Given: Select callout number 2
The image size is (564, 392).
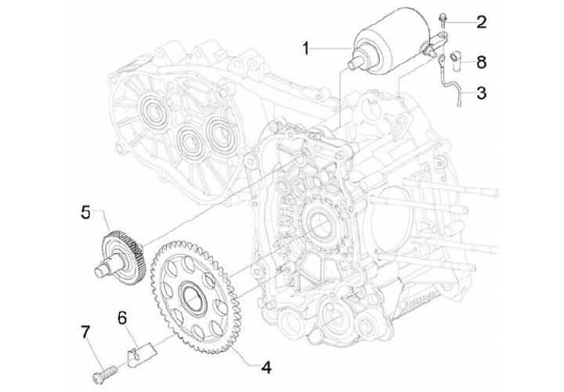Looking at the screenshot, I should point(481,21).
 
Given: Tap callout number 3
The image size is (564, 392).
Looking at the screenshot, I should point(481,93).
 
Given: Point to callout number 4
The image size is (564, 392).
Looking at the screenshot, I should point(267,366).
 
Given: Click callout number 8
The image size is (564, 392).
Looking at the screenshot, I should point(481,60).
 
